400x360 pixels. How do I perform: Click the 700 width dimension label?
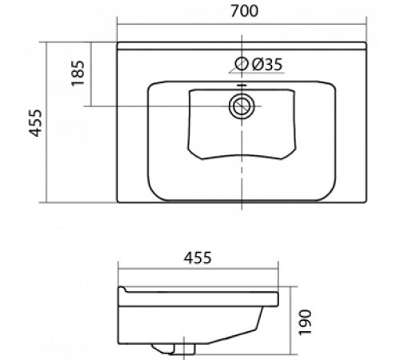[244, 11]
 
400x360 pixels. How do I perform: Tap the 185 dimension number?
[78, 73]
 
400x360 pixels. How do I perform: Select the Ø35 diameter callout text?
[267, 64]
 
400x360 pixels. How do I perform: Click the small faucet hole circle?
[242, 63]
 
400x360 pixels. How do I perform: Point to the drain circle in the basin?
[242, 106]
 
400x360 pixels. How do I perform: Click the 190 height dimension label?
[305, 322]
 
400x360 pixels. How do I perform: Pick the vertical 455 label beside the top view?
[35, 123]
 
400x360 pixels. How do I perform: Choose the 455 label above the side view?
[198, 258]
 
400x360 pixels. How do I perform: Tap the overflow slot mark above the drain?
[242, 86]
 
